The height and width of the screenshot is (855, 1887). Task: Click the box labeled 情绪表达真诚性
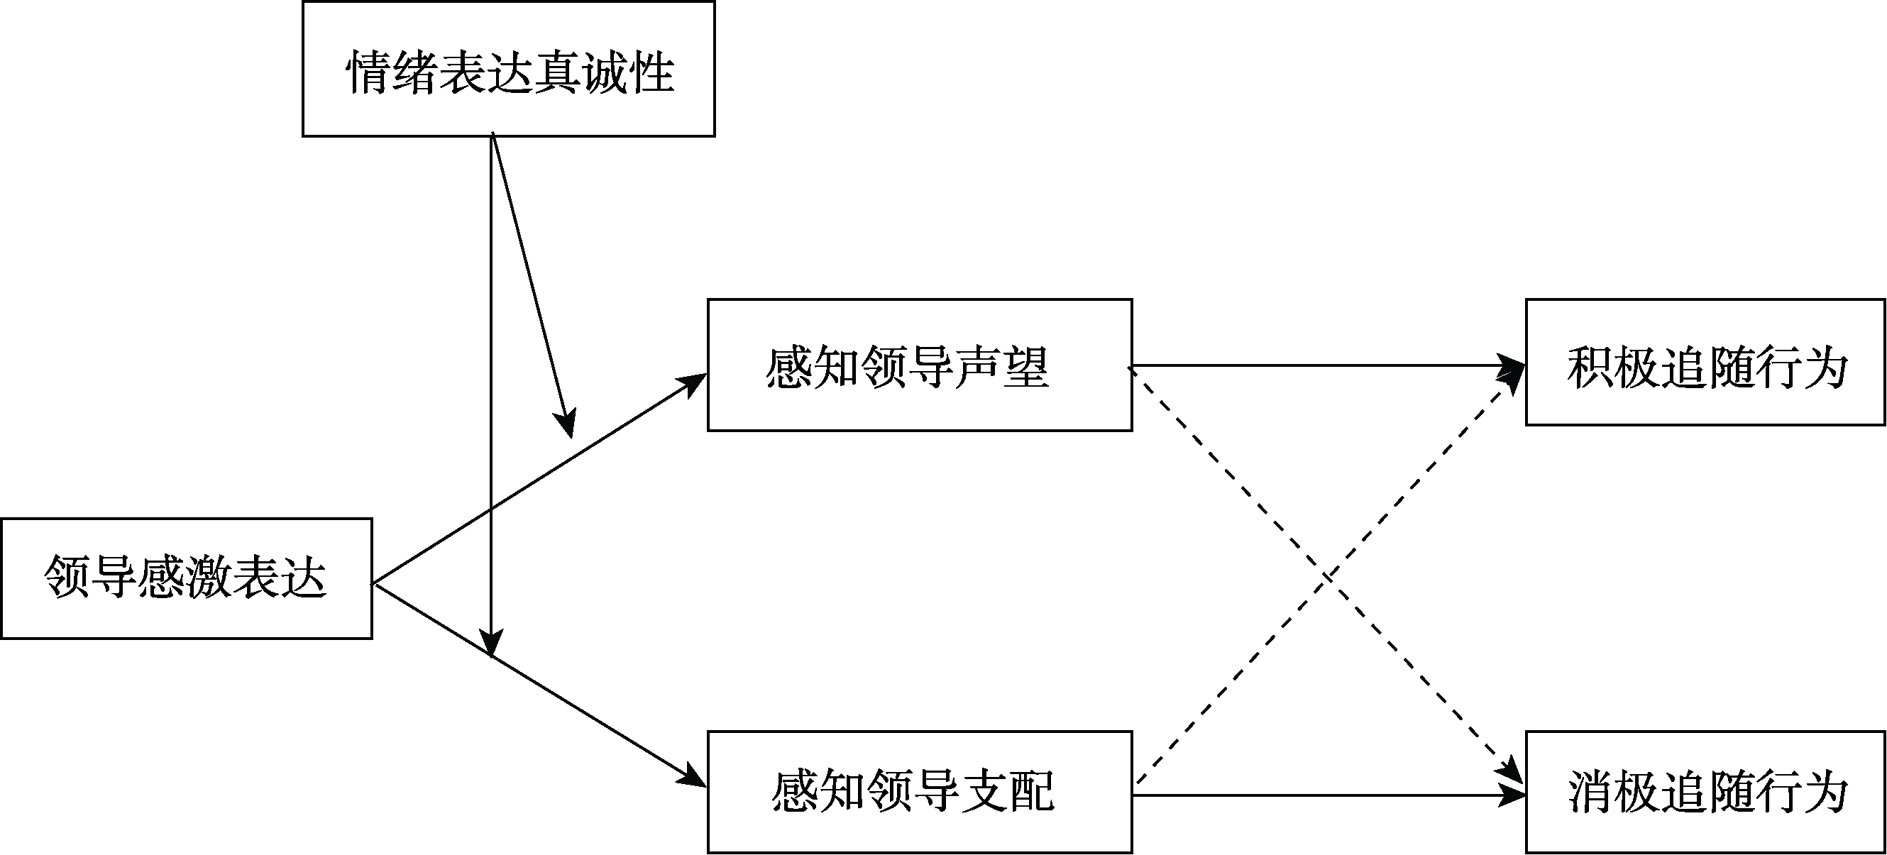pos(508,69)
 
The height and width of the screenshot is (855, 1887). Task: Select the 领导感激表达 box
pos(186,579)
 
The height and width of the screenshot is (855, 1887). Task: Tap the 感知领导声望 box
pos(919,365)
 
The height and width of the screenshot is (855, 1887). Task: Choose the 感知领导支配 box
pos(919,792)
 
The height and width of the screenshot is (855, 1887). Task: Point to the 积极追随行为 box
pos(1705,362)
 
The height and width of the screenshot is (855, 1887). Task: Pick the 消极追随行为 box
pos(1705,792)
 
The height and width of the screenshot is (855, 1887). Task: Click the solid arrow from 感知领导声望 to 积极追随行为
pos(1319,365)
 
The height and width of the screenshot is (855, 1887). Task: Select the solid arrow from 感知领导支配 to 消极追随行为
pos(1319,795)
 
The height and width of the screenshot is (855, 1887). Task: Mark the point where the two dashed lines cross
pos(1328,580)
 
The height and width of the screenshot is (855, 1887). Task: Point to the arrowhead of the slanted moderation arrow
pos(566,425)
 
